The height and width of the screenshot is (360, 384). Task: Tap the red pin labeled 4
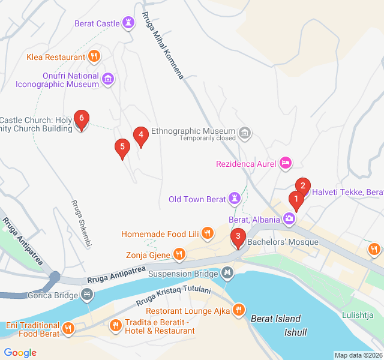click(140, 136)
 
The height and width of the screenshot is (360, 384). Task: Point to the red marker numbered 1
click(295, 200)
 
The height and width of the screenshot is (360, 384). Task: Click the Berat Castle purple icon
click(128, 23)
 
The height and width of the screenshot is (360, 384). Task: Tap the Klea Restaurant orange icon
click(93, 57)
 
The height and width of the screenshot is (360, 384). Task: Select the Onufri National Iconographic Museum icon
click(108, 79)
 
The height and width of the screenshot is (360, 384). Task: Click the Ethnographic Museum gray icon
click(244, 131)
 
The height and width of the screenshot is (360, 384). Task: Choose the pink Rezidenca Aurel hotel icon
click(286, 163)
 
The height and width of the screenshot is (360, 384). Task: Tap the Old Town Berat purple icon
click(233, 199)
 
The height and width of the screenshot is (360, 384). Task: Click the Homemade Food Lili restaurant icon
click(207, 233)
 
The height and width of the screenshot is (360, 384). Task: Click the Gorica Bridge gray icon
click(88, 295)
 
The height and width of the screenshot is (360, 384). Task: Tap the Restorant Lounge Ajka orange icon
click(239, 310)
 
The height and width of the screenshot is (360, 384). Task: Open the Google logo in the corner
click(20, 353)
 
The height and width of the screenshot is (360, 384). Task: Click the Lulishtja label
click(358, 315)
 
